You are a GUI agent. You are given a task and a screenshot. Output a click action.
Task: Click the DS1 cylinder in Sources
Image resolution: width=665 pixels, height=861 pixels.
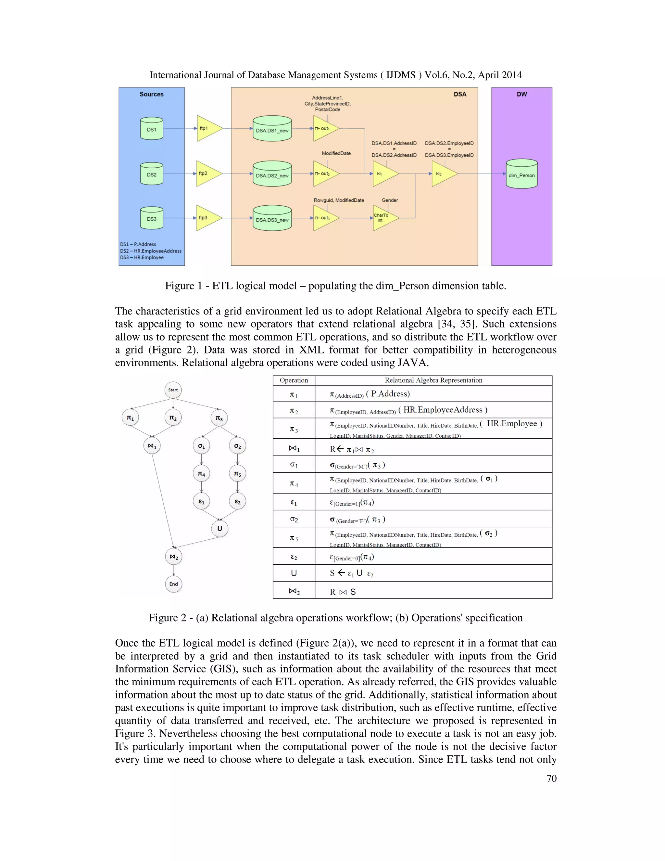coord(152,129)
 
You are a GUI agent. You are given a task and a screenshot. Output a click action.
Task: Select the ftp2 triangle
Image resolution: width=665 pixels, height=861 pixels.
coord(207,173)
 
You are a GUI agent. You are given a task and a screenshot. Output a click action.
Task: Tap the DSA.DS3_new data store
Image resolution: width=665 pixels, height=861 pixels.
coord(272,218)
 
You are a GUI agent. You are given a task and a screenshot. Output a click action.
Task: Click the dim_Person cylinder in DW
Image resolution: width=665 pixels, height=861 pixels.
coord(521,174)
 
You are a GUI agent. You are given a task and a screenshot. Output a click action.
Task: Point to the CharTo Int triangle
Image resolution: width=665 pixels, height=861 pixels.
coord(384,218)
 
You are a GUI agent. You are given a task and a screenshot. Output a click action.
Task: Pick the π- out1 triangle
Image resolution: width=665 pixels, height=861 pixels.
coord(325,129)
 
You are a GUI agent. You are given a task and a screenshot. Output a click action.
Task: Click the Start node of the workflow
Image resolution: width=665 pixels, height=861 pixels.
coord(173,390)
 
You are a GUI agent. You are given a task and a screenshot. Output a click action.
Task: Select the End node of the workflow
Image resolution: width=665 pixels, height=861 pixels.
coord(174,584)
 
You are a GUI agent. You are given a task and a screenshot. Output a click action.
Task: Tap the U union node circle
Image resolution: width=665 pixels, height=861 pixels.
coord(220,529)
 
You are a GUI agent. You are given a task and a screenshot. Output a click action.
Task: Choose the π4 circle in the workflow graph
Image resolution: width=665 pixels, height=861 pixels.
coord(201,473)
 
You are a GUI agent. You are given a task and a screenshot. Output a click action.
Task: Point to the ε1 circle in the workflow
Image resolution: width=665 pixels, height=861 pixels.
coord(201,501)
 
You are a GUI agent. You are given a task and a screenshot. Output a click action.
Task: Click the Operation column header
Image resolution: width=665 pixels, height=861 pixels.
coord(294,380)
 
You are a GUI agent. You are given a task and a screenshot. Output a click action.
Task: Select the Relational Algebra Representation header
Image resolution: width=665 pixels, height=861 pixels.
coord(433,380)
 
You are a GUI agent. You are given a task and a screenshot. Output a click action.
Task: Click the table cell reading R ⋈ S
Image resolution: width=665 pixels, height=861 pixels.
coord(343,592)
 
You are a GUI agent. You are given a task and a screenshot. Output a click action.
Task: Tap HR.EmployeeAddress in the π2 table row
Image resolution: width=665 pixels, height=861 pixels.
coord(443,410)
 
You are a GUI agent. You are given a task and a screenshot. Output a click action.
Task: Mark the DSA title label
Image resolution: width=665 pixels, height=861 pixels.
coord(460,94)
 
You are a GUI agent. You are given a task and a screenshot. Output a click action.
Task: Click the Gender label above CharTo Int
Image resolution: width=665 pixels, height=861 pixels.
coord(390,200)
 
